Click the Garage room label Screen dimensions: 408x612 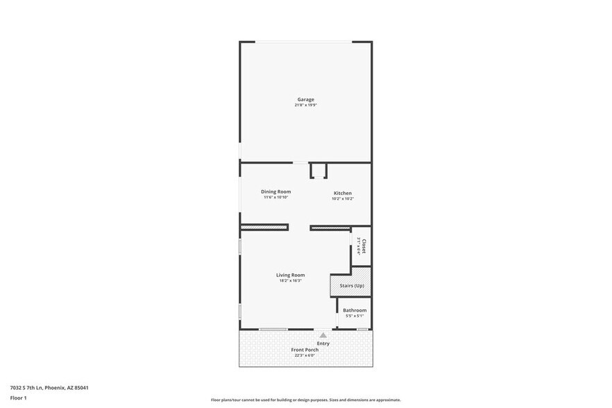click(305, 99)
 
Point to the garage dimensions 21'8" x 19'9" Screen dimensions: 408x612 click(305, 105)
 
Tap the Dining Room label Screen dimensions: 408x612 click(275, 192)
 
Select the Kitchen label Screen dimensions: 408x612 click(342, 193)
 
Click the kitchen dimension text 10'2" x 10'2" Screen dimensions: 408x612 click(342, 199)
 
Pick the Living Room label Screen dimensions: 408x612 click(290, 275)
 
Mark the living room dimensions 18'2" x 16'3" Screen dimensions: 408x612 click(290, 281)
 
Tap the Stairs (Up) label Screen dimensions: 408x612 click(351, 286)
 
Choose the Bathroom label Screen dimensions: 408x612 click(355, 310)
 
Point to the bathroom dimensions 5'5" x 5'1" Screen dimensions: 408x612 click(355, 316)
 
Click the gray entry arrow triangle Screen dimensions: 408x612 click(323, 335)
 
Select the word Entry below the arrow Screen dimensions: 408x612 click(323, 343)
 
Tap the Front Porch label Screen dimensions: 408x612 click(305, 350)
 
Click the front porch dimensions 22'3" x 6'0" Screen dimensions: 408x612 click(305, 356)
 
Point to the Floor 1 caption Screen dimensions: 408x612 click(18, 398)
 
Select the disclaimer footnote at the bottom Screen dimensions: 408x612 click(305, 400)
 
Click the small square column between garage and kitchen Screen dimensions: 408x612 click(318, 171)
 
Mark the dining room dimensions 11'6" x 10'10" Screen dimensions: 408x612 click(275, 198)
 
